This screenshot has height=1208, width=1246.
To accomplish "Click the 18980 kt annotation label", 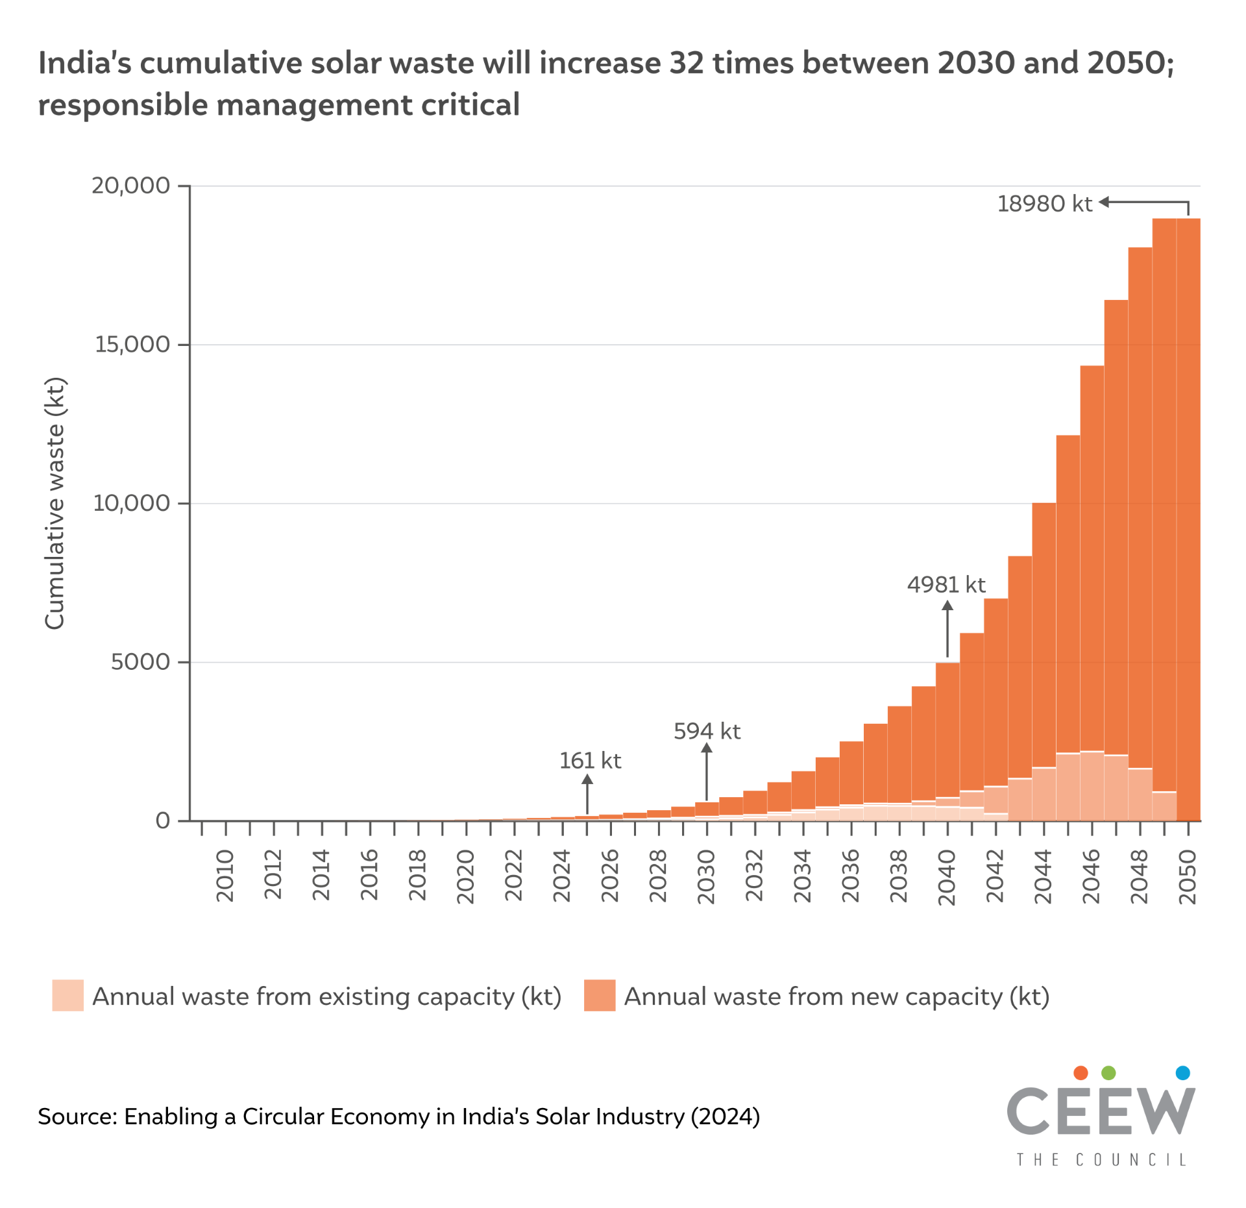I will click(1044, 204).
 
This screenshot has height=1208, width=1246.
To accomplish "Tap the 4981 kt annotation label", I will click(946, 585).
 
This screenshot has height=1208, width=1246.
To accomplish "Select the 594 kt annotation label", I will click(706, 732).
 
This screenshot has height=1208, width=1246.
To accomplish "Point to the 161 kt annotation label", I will click(589, 761).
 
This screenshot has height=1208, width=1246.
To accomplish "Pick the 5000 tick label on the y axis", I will click(140, 662).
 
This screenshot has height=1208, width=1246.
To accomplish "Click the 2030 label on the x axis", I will click(705, 876).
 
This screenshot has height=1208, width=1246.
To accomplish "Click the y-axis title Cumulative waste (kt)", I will click(55, 503).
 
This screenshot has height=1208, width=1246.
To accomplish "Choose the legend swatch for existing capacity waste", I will click(67, 995).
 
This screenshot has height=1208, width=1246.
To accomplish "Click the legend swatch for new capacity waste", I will click(599, 995).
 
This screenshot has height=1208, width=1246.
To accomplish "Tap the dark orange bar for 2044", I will click(1044, 636).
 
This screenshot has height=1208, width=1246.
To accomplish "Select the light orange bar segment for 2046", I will click(1092, 785).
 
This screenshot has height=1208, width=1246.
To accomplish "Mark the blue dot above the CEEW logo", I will click(1182, 1072).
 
